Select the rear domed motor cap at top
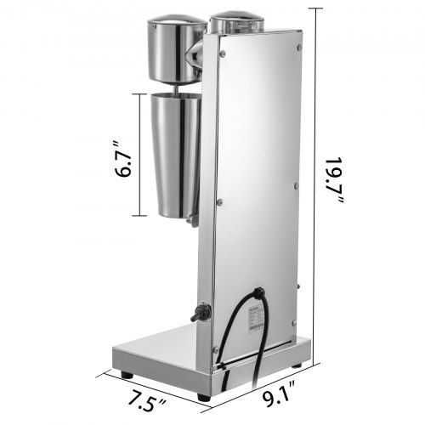point(232,22)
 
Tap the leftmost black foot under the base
point(126,373)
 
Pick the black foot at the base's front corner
point(203,396)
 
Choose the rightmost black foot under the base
point(296,365)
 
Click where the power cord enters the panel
point(258,294)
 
